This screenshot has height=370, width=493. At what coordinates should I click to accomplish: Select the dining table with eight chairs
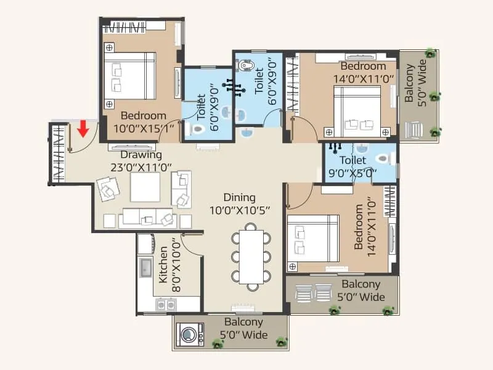251,256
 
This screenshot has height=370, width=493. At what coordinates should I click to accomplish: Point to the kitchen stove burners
165,304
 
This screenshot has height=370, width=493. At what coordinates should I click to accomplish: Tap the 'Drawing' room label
141,155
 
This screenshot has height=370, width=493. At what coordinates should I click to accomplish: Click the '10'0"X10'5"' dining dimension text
240,210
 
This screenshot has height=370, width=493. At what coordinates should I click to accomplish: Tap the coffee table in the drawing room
145,187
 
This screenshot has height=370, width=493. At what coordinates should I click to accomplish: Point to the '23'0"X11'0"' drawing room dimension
141,166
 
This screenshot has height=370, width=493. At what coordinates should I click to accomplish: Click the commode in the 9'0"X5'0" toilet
383,158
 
